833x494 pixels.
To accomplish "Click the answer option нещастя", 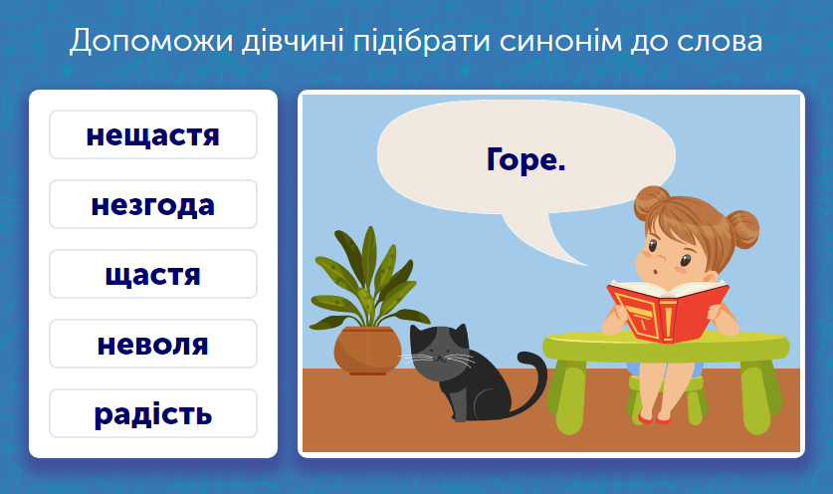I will click(152, 134).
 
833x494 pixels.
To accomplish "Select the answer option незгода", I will click(152, 205).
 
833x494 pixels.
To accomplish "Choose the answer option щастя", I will click(152, 275).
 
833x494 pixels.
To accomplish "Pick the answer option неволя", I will click(152, 345).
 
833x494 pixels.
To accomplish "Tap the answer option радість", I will click(152, 414).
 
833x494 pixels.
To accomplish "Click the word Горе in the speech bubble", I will click(525, 159).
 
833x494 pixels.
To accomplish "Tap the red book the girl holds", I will click(666, 310).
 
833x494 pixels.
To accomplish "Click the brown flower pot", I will click(367, 350).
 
